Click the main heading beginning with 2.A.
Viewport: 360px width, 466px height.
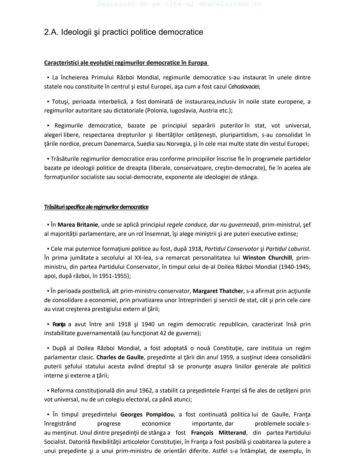click(123, 32)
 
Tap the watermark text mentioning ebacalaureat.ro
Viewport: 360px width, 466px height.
click(180, 4)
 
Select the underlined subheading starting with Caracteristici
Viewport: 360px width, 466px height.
click(126, 63)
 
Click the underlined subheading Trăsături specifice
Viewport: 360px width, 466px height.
click(96, 207)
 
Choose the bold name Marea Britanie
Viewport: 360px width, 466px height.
click(78, 225)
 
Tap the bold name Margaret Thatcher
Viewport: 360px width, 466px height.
click(218, 291)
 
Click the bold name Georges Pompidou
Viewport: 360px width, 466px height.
click(147, 415)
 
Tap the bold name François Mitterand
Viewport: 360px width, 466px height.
click(218, 433)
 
